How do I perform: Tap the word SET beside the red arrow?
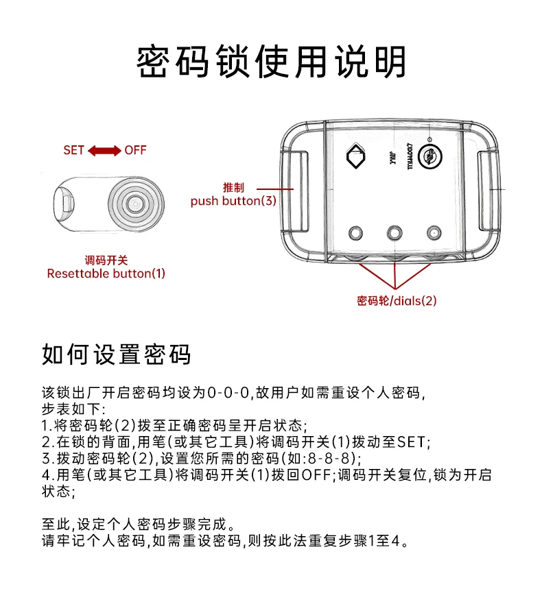coord(73,150)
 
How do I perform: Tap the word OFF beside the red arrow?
coord(135,150)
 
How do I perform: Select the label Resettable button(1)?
coord(106,274)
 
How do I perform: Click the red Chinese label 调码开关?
coord(106,261)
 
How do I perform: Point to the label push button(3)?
coord(233,201)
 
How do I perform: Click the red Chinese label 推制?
coord(233,188)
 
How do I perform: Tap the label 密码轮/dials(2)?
coord(397,300)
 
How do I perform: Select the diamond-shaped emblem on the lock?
coord(357,156)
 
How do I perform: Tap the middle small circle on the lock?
coord(394,233)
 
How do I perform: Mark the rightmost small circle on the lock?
coord(433,233)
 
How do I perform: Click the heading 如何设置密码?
coord(116,354)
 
